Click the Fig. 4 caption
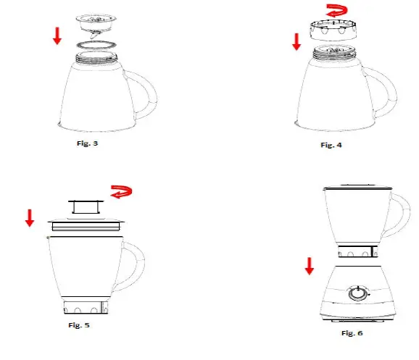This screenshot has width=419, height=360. point(331,145)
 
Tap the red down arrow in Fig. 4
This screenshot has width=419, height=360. point(296,42)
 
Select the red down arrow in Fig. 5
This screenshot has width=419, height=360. point(30,217)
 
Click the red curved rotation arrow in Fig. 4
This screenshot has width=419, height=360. point(336,12)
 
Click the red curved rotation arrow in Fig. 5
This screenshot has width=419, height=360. point(121,193)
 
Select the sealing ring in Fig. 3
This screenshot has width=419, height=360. point(96,45)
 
